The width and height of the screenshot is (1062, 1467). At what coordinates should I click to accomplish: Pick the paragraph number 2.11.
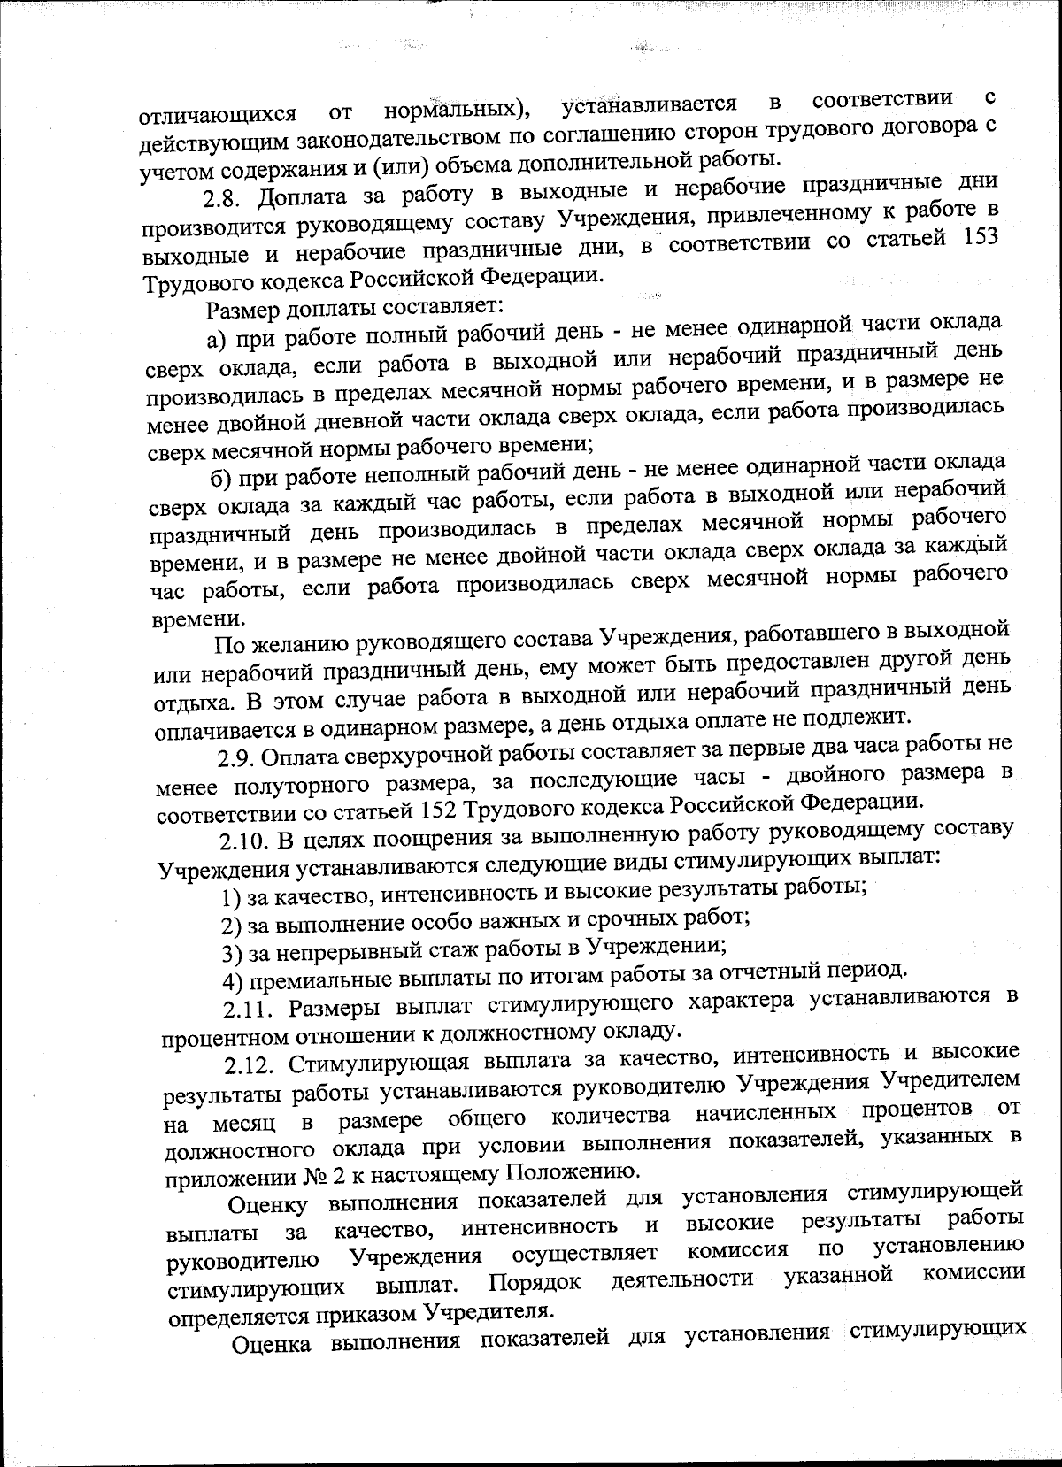(250, 1009)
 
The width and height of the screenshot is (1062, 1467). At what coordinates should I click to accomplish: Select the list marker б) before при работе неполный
(221, 479)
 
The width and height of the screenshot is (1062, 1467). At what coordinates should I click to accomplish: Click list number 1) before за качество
(232, 898)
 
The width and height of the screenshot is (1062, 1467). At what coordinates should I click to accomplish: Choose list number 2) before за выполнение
(232, 926)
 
